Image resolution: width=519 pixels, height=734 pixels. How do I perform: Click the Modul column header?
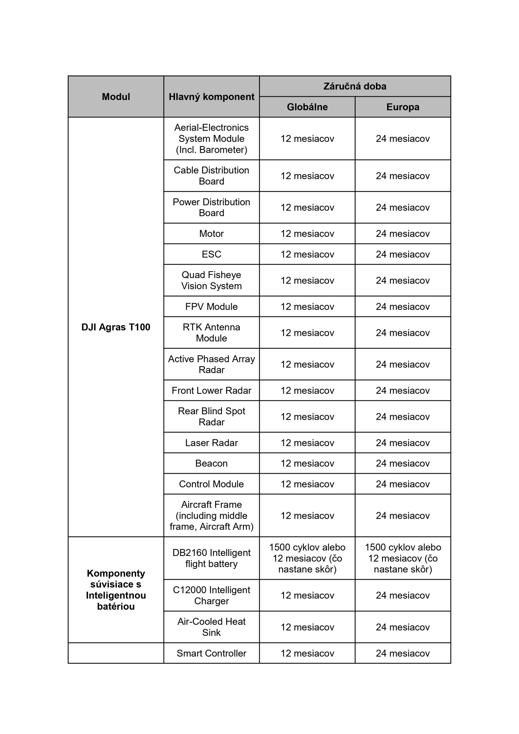[x=116, y=97]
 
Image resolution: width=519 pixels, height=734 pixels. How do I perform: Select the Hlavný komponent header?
[x=211, y=97]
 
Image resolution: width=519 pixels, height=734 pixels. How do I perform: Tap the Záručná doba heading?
[x=355, y=86]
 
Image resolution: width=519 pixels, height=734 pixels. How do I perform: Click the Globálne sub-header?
[x=307, y=107]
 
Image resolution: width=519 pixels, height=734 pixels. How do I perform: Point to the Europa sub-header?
[x=403, y=107]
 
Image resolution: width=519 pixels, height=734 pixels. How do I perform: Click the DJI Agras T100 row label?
[x=116, y=327]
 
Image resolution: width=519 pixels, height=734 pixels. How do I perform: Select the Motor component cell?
[x=211, y=234]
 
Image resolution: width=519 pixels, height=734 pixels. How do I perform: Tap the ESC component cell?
[x=211, y=254]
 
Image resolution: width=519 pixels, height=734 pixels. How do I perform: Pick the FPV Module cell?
[x=211, y=307]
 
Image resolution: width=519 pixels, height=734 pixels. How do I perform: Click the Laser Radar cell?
[x=211, y=443]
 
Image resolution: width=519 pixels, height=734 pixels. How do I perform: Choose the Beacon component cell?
[x=211, y=463]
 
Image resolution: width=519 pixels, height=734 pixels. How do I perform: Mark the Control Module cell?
[x=211, y=484]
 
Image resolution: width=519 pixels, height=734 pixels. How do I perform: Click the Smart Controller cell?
[x=211, y=653]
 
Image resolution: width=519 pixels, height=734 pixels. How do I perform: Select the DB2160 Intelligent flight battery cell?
[x=211, y=558]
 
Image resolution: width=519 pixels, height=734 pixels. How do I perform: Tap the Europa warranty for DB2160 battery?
[x=403, y=558]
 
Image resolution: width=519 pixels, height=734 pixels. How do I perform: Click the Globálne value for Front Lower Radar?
[x=307, y=390]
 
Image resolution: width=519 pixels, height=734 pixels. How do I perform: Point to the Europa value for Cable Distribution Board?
[x=403, y=176]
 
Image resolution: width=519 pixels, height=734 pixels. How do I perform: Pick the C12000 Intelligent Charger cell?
[x=211, y=595]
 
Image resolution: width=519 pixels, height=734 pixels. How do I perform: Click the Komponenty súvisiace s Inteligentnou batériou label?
[x=116, y=590]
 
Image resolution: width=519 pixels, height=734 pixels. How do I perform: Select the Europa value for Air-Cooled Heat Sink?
[x=403, y=627]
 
